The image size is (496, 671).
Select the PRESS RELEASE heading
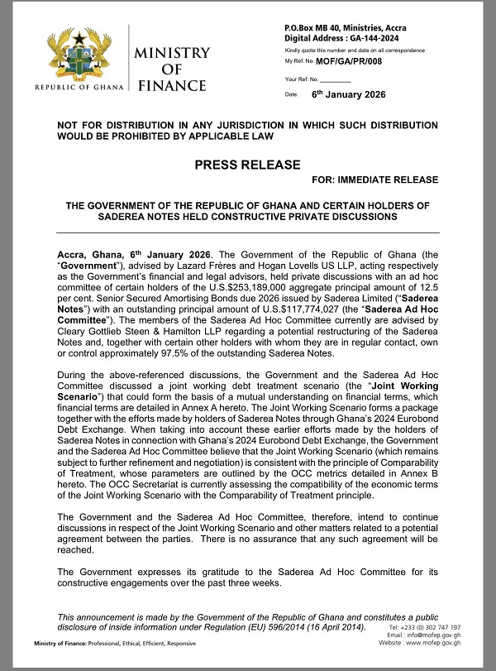pos(248,165)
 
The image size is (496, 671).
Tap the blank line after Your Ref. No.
pos(335,79)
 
